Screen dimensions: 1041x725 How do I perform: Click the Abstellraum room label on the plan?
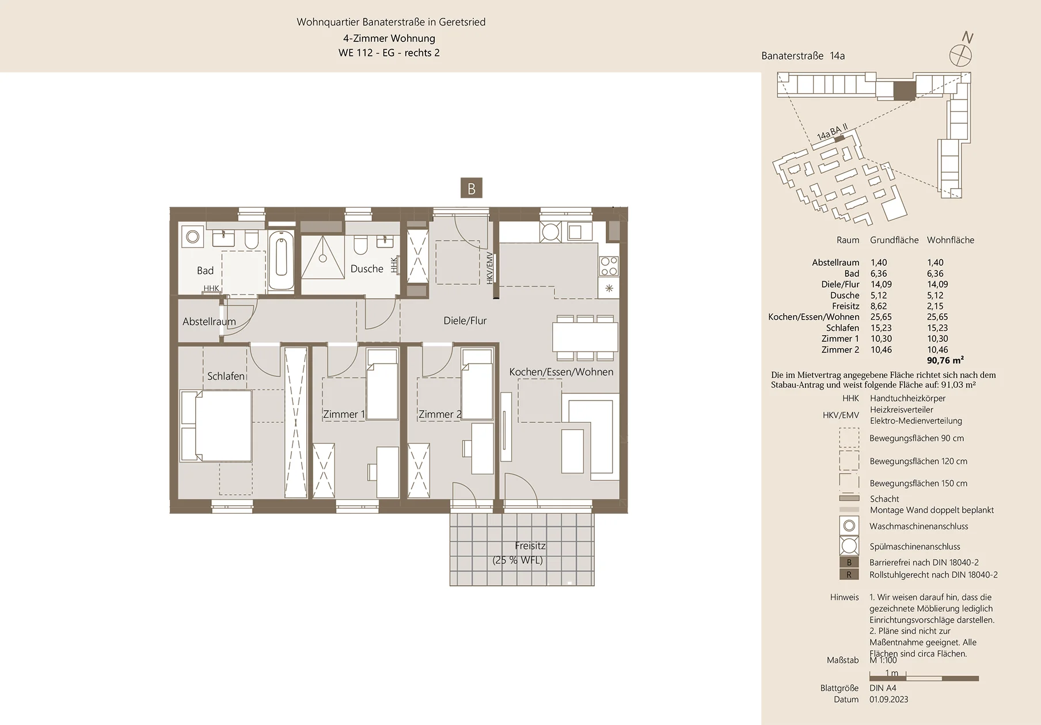pos(209,322)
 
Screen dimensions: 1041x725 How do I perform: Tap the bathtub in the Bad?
pos(282,261)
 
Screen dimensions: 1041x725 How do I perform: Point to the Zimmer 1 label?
pos(344,414)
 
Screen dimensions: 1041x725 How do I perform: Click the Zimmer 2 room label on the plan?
pos(440,414)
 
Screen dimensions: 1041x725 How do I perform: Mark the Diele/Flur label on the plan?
pos(465,321)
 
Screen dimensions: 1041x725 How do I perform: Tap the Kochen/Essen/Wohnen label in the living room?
pos(561,372)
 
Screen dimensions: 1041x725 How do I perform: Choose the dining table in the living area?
pos(585,337)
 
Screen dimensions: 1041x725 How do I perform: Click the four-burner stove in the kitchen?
pos(609,266)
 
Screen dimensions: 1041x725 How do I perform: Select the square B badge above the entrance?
pos(472,188)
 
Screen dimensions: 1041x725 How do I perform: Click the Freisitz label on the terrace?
pos(530,546)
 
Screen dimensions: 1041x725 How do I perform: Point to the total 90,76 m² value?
pos(945,361)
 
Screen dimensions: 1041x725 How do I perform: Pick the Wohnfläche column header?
pos(951,240)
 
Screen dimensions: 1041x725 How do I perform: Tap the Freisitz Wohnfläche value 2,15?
pos(935,306)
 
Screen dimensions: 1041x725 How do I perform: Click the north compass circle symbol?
pos(960,56)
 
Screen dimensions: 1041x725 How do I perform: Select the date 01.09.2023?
pos(889,700)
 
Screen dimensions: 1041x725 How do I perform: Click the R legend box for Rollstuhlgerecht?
pos(849,574)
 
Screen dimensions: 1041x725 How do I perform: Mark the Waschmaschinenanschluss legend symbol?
pos(849,526)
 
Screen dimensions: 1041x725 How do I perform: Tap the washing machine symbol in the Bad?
pos(192,236)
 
